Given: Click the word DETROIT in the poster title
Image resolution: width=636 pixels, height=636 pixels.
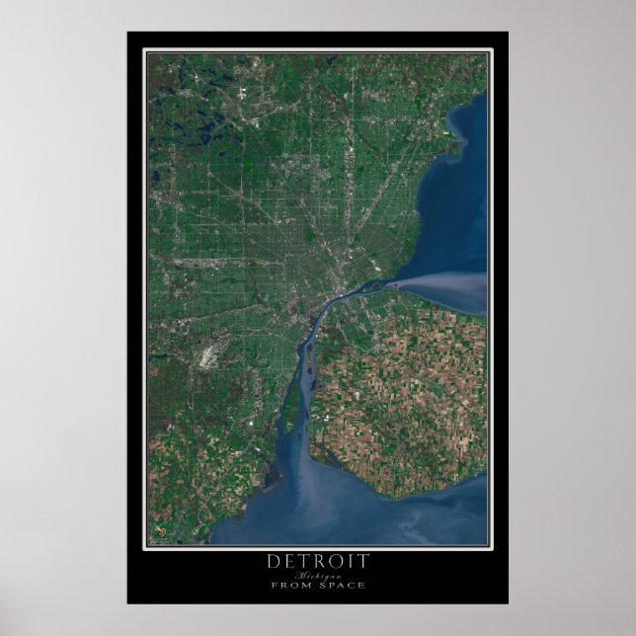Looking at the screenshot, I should tap(318, 561).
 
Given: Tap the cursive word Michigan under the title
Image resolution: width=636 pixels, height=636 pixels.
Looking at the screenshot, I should tap(318, 575).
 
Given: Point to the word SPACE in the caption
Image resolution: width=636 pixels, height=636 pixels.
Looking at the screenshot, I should tap(342, 585).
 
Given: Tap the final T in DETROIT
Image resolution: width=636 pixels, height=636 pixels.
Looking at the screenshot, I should tap(363, 561).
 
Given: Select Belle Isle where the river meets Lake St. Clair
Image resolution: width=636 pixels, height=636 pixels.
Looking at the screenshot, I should tap(371, 288).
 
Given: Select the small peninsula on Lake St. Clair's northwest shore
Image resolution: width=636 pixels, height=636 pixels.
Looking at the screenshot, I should tap(454, 128).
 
